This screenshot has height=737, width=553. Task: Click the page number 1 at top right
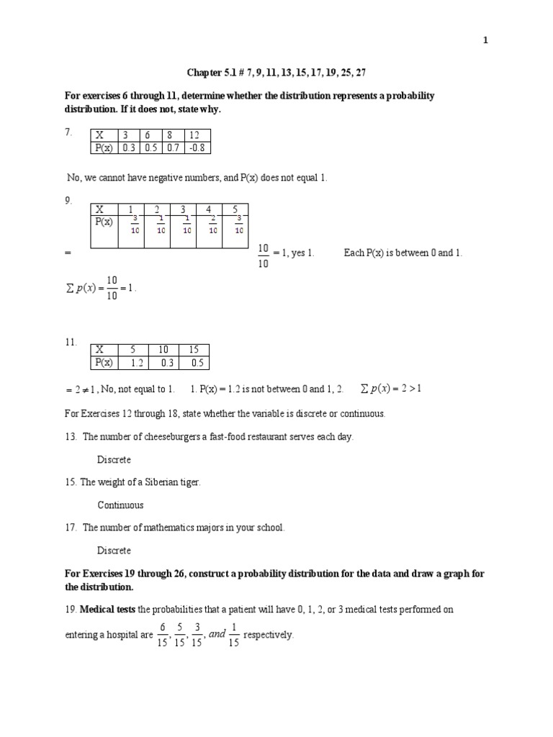485,41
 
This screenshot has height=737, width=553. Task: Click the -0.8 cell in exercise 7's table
197,148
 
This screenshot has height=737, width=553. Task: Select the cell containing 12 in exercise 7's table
197,135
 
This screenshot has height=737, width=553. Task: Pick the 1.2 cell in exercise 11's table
132,363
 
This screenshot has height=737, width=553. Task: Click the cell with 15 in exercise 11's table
192,350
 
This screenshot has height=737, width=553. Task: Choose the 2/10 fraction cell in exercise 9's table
212,225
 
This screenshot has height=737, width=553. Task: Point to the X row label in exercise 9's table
100,209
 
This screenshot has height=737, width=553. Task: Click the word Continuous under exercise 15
120,505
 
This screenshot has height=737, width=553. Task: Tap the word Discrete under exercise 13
114,459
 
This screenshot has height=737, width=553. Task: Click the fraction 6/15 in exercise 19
163,634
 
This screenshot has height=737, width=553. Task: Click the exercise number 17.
70,528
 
